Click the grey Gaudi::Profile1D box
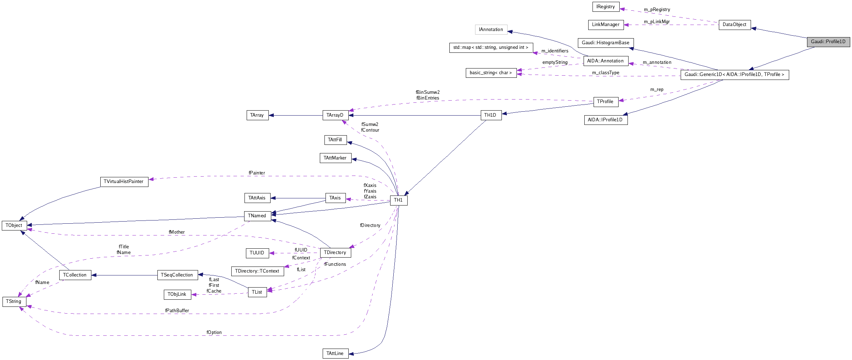[828, 42]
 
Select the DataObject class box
[734, 25]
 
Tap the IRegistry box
[605, 7]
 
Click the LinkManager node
[605, 25]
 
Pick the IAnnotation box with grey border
[491, 30]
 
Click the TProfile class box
[605, 102]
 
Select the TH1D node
[490, 115]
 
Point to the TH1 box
[398, 200]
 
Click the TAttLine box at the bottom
[335, 354]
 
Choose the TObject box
[14, 225]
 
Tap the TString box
[14, 301]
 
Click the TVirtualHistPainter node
[123, 182]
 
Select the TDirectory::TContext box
[257, 271]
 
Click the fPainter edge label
[257, 173]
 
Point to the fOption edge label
[214, 333]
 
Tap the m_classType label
[605, 73]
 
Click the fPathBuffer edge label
[177, 311]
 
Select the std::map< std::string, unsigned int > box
[490, 47]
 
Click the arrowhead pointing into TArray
[271, 115]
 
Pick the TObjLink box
[177, 294]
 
